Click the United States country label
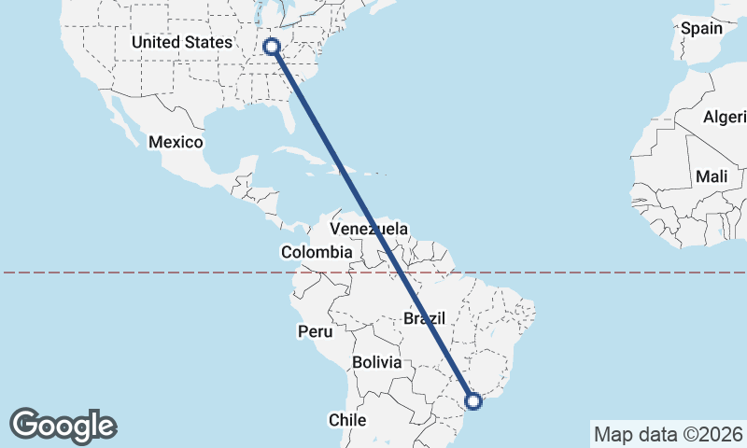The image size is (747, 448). [181, 42]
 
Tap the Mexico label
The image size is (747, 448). [175, 142]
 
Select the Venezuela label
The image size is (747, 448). [371, 229]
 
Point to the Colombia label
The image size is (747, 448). [317, 252]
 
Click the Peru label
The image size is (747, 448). [315, 331]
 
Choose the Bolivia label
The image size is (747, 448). [376, 361]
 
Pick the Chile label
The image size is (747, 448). [346, 420]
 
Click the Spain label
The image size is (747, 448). [701, 28]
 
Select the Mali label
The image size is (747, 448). [712, 176]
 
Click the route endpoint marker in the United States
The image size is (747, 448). [273, 46]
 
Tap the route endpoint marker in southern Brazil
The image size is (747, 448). [473, 401]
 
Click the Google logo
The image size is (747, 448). [63, 425]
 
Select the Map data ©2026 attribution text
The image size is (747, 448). [668, 434]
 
